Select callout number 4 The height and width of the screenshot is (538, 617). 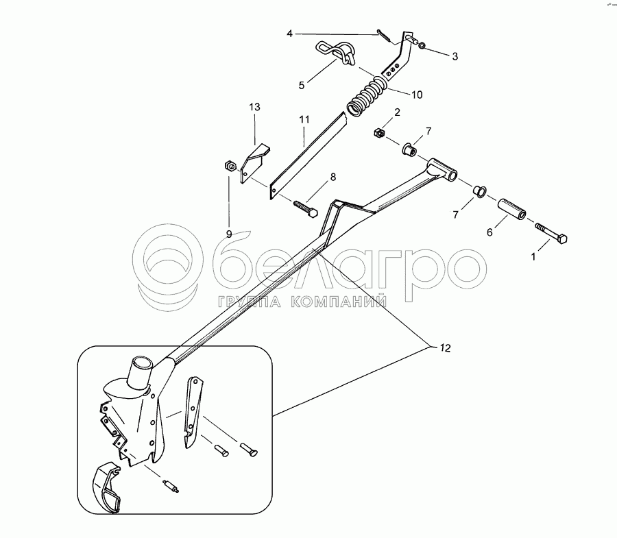tap(290, 33)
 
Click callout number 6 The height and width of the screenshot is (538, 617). tap(489, 232)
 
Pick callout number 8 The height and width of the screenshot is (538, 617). tap(333, 177)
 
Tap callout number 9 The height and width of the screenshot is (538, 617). tap(229, 233)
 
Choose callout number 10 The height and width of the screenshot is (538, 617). tap(418, 94)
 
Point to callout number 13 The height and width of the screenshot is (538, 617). tap(255, 108)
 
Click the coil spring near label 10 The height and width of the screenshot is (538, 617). tap(369, 97)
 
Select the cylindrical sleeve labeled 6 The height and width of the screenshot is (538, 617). tap(513, 210)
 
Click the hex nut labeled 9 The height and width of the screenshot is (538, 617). tap(231, 165)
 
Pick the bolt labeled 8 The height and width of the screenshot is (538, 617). tap(304, 207)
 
